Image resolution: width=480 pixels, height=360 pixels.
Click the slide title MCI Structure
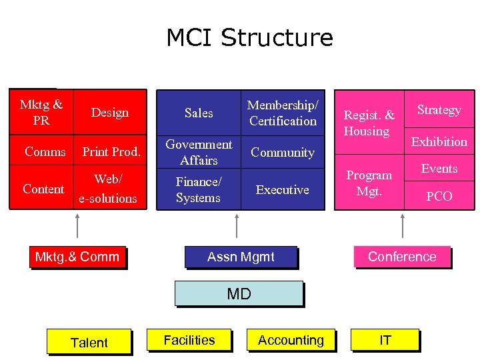[249, 37]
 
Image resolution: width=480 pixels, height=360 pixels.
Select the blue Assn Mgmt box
[241, 257]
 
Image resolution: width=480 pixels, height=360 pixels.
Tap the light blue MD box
[239, 293]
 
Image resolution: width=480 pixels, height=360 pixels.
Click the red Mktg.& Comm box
[77, 257]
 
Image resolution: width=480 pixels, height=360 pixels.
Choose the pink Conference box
[402, 257]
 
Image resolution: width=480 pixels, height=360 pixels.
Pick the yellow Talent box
[89, 342]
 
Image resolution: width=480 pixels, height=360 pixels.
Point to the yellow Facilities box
[189, 340]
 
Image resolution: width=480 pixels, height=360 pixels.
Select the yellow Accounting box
[291, 340]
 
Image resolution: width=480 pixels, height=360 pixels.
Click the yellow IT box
[385, 340]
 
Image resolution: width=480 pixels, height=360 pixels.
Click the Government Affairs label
[199, 152]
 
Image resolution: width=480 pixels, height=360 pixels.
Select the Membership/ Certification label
[283, 113]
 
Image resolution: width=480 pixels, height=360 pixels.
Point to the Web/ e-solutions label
[107, 189]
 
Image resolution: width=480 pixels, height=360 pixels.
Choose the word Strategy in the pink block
[439, 109]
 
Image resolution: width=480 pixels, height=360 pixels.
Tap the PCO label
[439, 196]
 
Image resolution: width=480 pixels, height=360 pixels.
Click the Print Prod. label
[111, 152]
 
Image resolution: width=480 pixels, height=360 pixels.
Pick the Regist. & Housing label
[369, 123]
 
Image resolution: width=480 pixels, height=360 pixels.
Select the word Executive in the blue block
[283, 190]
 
